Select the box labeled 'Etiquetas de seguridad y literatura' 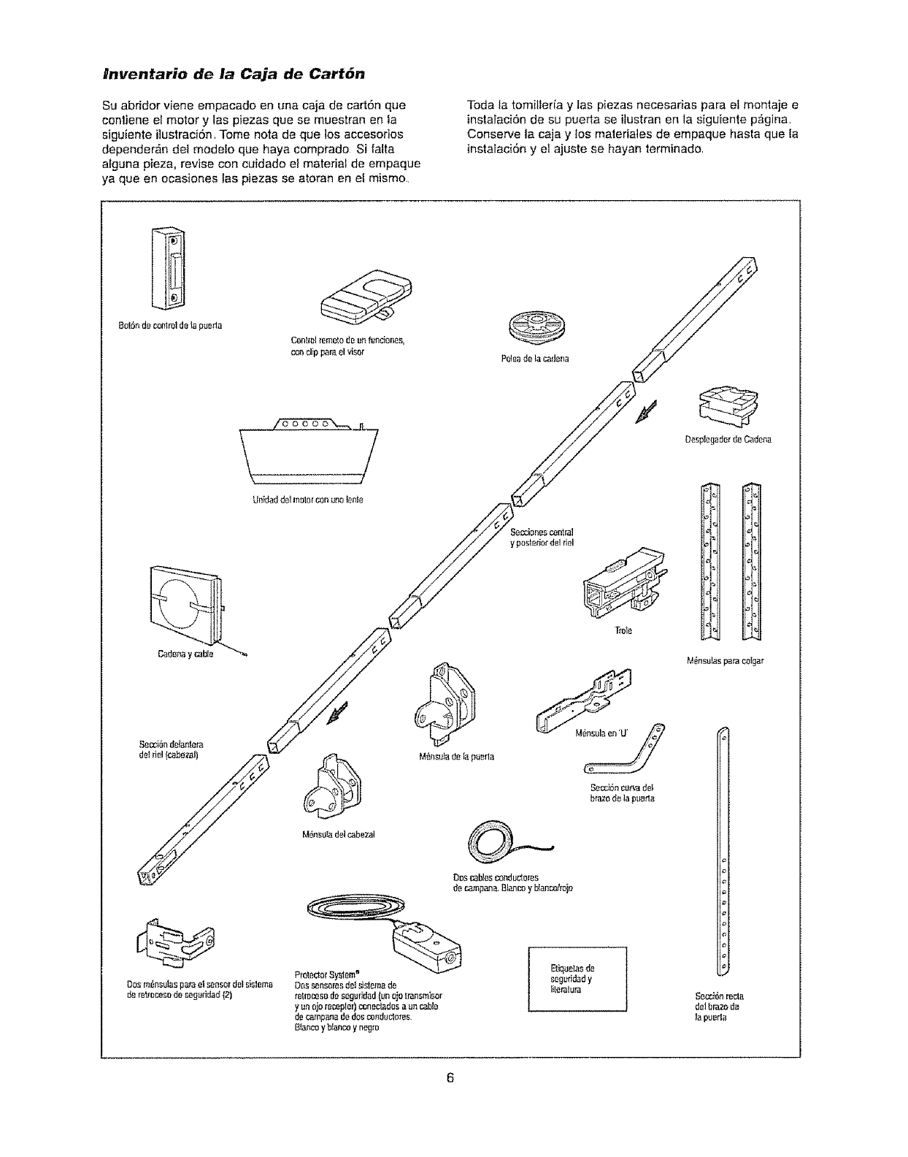point(577,979)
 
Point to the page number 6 point(451,1078)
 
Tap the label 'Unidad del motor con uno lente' point(307,500)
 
